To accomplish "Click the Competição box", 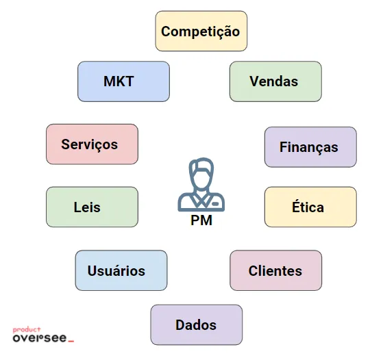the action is coord(201,31).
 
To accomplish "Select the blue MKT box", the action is coord(123,81).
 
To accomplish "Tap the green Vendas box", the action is coord(275,81).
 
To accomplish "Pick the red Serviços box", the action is coord(92,144).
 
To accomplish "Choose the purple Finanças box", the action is coord(310,147).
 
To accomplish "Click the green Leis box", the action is coord(92,207).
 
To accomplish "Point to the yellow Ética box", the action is coord(310,207).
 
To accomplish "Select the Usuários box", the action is coord(121,270).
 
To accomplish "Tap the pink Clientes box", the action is coord(275,270).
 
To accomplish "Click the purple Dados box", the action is coord(197,324).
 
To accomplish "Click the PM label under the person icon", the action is coord(201,220).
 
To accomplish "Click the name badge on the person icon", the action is coord(215,203).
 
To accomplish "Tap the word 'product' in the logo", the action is coord(27,330).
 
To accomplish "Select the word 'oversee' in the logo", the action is coord(40,338).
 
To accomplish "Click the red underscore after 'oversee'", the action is coord(71,341).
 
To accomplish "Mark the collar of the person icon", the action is coord(201,199).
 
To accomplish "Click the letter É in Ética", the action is coord(296,205).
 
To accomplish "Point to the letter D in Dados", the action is coord(180,325).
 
